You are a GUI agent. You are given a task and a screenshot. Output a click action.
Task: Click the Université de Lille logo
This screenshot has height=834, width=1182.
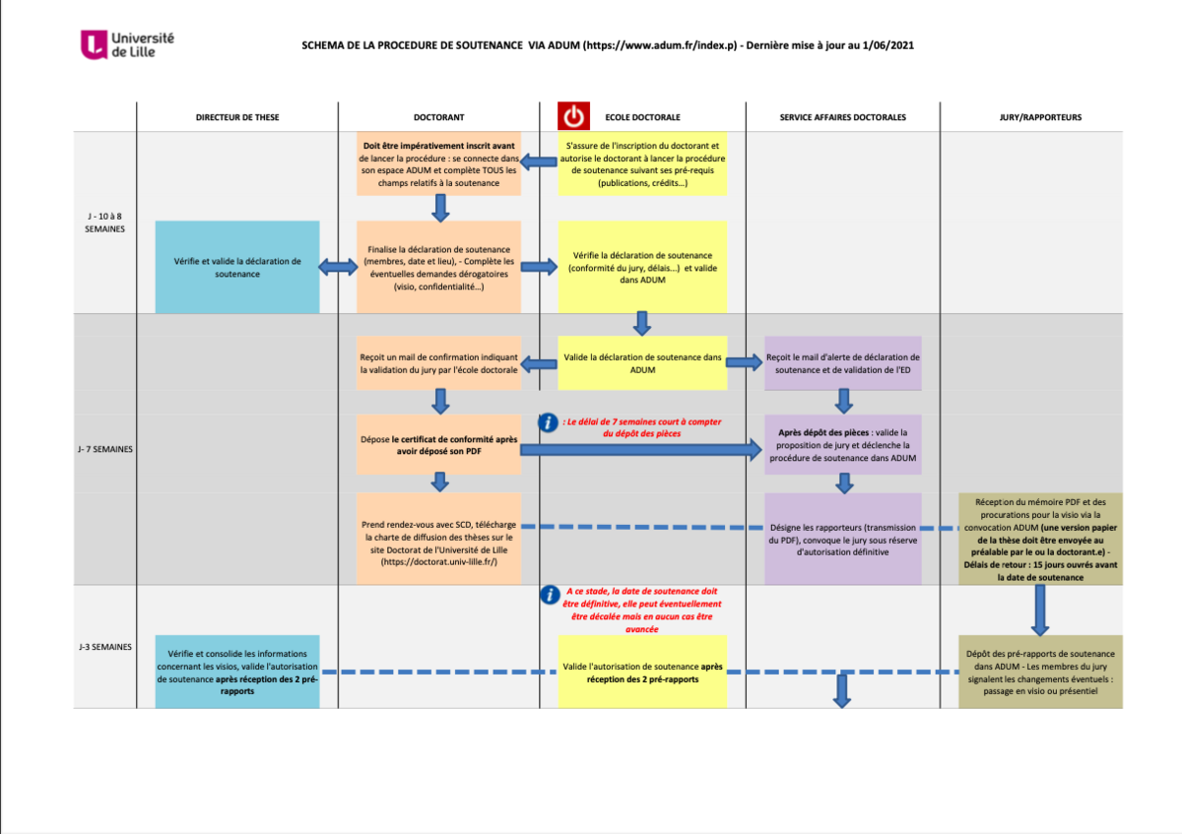pos(128,44)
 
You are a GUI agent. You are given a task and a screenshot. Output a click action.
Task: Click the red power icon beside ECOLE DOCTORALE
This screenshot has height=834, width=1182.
pos(573,116)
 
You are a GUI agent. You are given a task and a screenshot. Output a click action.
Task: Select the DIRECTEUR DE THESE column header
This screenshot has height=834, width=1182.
pos(237,117)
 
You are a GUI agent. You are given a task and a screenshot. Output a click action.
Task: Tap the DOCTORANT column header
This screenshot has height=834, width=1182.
pos(439,117)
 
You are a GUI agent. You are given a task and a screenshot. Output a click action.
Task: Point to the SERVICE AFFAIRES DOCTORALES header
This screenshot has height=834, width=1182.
pos(842,117)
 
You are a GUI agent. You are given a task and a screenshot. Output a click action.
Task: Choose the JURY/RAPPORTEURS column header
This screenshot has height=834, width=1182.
pos(1040,117)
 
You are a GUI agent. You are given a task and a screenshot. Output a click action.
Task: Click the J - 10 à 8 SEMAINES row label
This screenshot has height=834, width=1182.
pos(103,222)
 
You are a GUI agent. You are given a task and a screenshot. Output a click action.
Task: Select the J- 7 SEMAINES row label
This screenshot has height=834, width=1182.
pos(103,450)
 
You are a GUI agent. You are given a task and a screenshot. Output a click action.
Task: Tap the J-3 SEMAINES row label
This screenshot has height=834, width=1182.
pos(103,647)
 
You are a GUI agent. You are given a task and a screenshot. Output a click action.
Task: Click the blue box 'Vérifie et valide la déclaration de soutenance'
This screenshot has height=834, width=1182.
pos(237,267)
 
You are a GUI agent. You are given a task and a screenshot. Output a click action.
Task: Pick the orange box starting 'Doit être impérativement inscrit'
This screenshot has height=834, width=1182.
pos(438,164)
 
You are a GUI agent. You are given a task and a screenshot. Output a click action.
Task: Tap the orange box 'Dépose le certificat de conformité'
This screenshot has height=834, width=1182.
pos(438,446)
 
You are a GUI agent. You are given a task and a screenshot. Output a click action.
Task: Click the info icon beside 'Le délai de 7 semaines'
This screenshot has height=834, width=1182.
pos(548,422)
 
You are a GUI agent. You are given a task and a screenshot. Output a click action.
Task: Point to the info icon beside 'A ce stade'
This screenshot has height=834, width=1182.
pos(548,595)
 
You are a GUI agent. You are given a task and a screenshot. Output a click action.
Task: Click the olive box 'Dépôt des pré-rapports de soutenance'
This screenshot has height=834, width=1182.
pos(1040,672)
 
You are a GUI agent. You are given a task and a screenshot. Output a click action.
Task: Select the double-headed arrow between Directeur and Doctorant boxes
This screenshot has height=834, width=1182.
pos(338,267)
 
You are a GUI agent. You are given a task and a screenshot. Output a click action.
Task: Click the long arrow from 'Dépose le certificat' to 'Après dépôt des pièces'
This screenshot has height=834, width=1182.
pos(641,450)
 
